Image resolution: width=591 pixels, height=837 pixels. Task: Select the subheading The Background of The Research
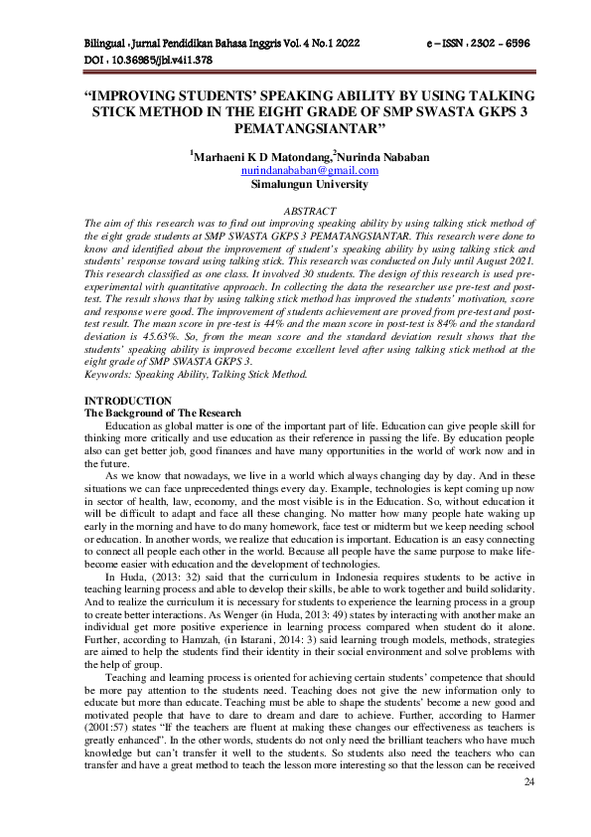pyautogui.click(x=162, y=412)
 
